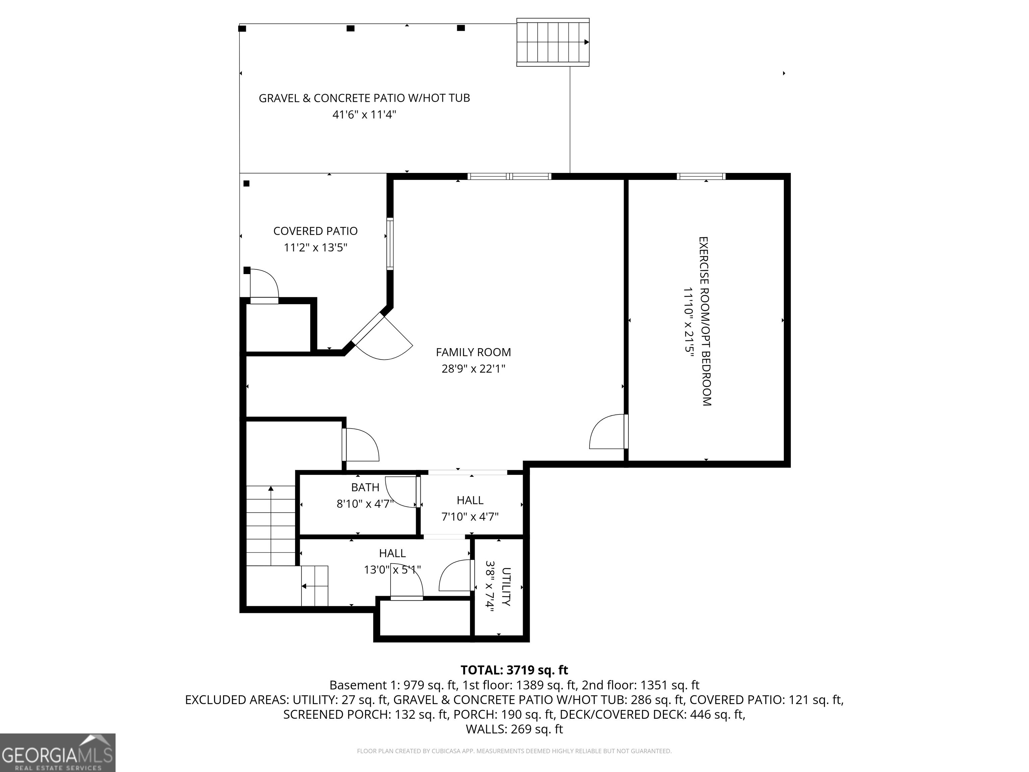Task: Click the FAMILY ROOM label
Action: [473, 352]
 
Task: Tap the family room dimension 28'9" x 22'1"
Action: [473, 369]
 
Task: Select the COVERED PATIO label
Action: [316, 231]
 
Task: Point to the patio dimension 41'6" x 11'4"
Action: [364, 115]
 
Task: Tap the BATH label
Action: [365, 487]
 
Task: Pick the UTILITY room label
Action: [506, 586]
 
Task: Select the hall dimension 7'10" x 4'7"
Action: [470, 517]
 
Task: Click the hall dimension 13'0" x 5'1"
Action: [392, 570]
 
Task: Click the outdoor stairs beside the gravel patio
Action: [553, 42]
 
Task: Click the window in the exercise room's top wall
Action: [701, 176]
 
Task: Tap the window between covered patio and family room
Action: [390, 244]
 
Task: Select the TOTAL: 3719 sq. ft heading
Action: [514, 670]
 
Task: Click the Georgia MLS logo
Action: [57, 753]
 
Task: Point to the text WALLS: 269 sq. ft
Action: [514, 729]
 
